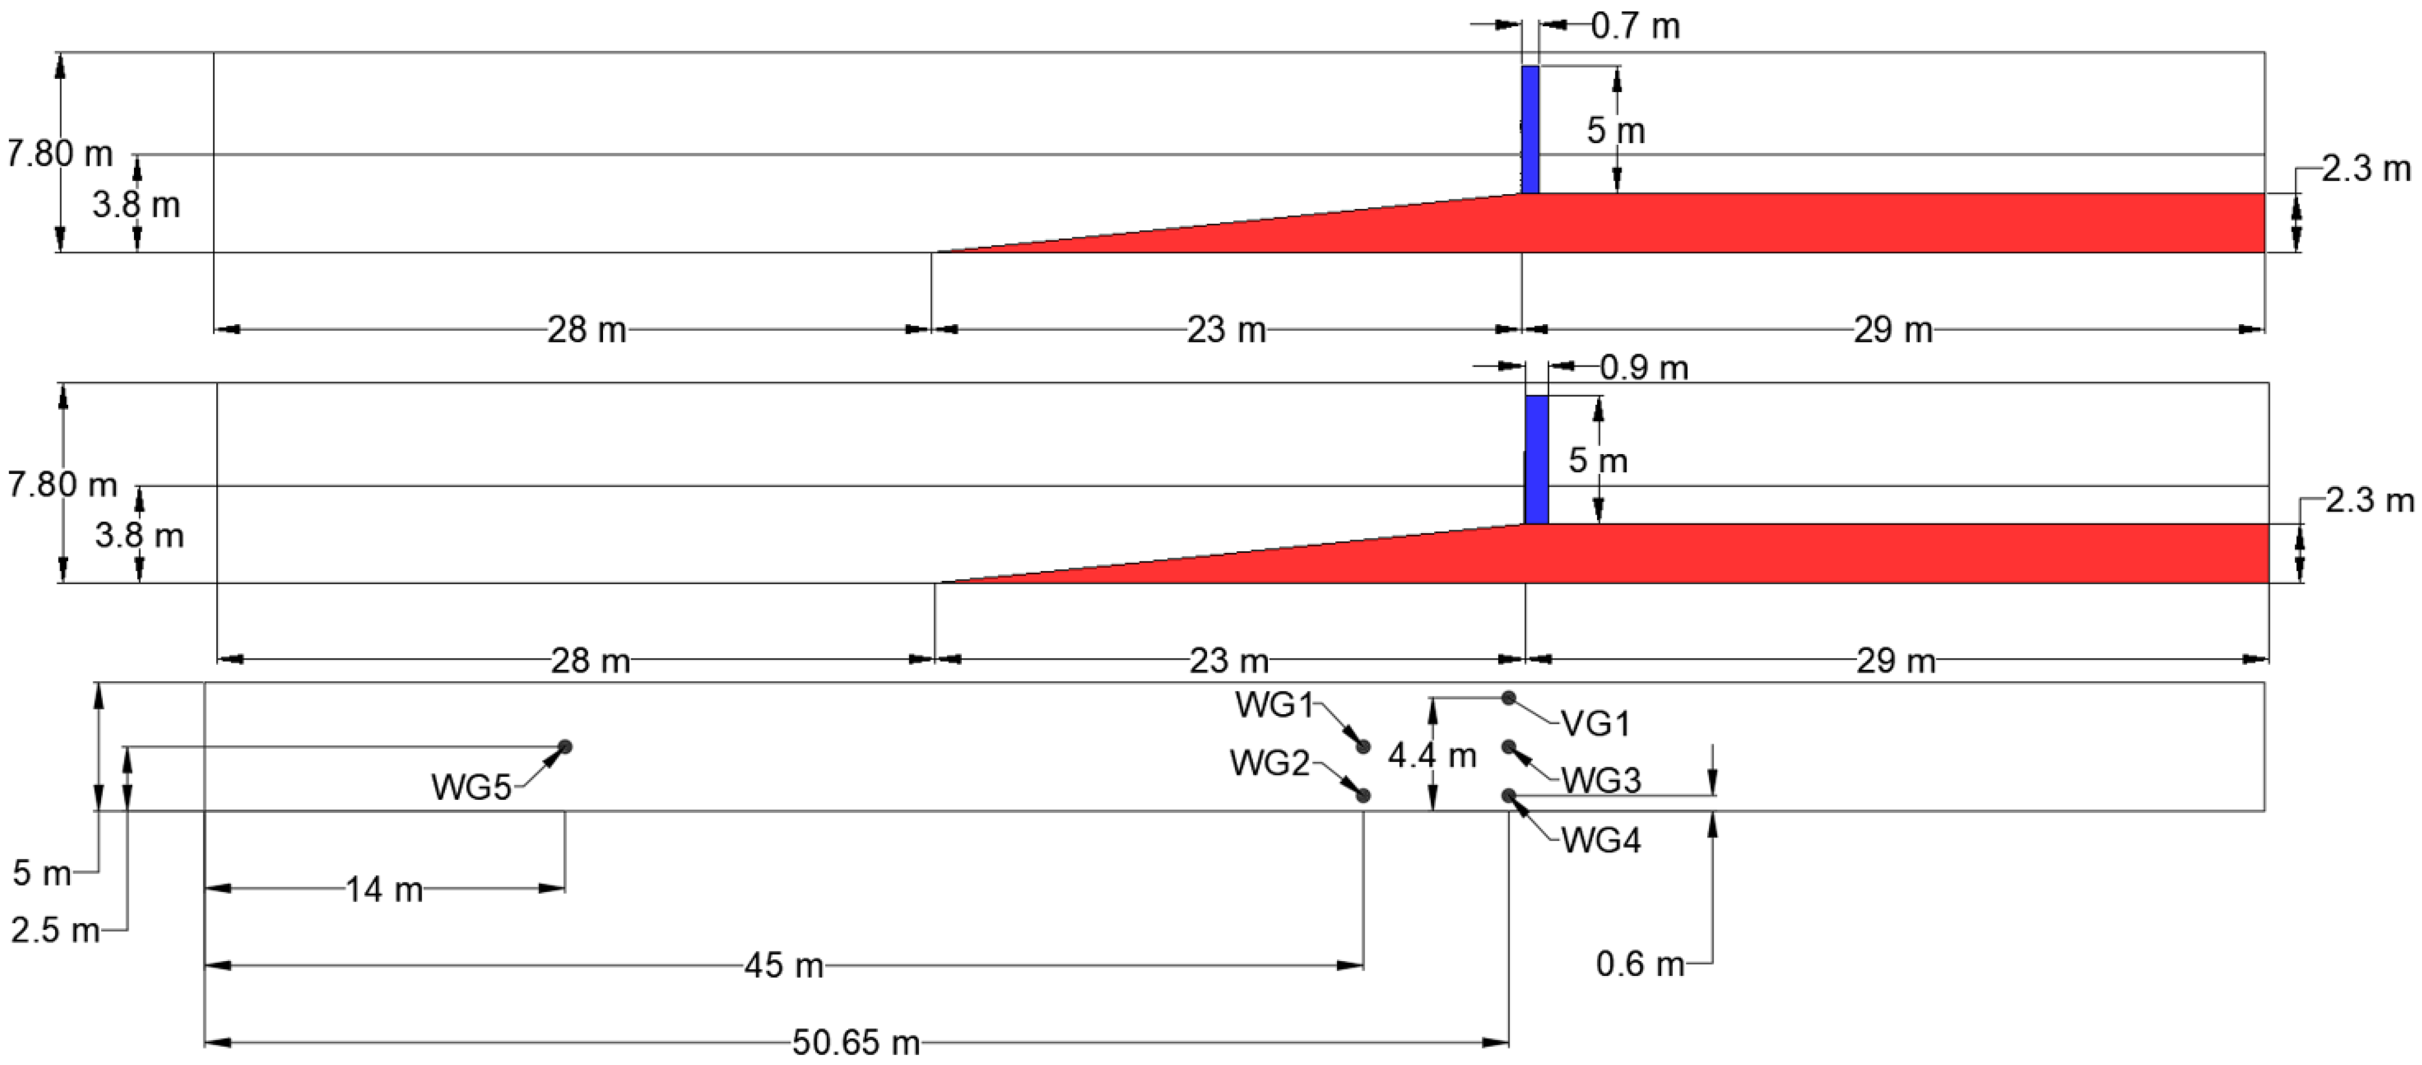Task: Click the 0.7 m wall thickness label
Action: coord(1635,26)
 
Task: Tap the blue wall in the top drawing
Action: coord(1530,129)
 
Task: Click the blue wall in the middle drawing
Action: coord(1536,460)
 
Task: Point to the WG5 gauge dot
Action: coord(565,747)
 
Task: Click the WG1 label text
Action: coord(1274,705)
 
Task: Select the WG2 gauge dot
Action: coord(1363,795)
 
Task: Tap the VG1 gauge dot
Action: coord(1508,698)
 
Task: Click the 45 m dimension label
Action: coord(783,965)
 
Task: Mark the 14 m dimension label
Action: coord(384,889)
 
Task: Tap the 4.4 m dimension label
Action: coord(1432,755)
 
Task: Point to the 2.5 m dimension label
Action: coord(55,930)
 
